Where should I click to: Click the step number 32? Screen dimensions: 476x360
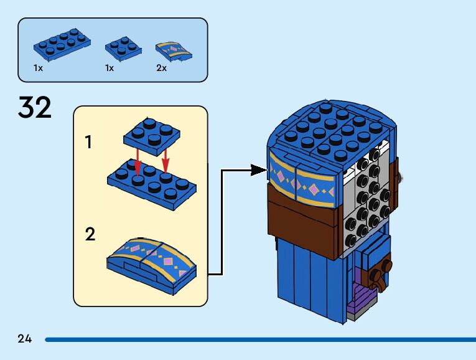[35, 107]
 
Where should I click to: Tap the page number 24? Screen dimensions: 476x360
[25, 339]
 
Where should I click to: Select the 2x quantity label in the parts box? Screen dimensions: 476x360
[162, 68]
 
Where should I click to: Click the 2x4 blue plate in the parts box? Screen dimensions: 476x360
[62, 44]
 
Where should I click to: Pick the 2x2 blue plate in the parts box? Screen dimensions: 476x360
[123, 49]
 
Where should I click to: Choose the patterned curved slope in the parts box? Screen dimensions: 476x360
[174, 52]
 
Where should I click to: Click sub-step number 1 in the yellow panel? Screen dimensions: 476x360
[88, 142]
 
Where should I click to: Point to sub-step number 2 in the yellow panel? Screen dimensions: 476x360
[90, 234]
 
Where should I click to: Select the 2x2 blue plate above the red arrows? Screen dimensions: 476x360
[152, 136]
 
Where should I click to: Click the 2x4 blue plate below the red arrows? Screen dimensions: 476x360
[152, 184]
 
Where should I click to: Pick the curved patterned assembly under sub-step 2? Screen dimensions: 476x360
[151, 266]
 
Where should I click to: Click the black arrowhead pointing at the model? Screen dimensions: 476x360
[259, 170]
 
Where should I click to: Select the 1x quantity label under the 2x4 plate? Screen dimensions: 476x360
[38, 68]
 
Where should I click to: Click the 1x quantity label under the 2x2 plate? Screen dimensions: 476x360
[110, 68]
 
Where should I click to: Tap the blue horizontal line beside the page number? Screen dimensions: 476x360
[261, 339]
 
